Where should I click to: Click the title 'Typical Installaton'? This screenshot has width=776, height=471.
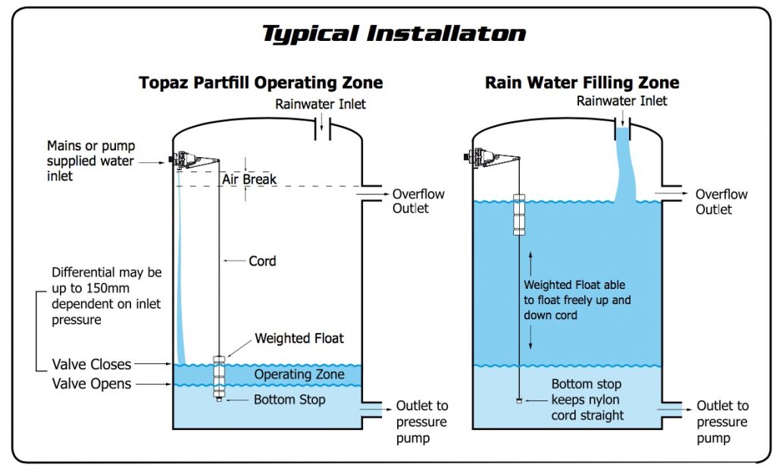[393, 34]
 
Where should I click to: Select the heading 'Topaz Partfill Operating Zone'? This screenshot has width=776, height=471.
[261, 83]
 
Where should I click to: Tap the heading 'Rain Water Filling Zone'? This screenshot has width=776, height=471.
[582, 83]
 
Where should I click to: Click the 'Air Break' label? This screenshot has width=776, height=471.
[249, 180]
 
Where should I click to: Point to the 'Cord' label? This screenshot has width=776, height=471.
[262, 261]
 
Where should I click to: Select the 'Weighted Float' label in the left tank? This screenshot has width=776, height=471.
[299, 338]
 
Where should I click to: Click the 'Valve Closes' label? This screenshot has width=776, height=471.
[92, 365]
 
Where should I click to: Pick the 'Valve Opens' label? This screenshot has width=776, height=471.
[92, 384]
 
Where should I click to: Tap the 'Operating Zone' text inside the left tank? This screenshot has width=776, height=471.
[299, 375]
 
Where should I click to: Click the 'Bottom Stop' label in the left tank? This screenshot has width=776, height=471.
[290, 400]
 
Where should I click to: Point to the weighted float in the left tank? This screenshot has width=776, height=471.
[218, 375]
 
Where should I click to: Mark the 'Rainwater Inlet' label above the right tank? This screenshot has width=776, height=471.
[622, 101]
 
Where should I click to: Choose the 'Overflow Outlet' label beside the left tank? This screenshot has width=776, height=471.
[418, 201]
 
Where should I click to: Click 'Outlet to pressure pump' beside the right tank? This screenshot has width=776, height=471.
[722, 422]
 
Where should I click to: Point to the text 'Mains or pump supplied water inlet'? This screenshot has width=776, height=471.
[90, 161]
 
